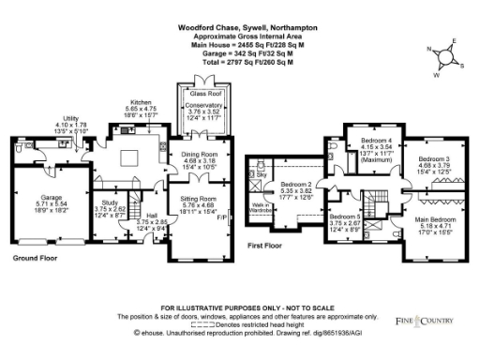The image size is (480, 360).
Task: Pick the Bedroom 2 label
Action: (300, 185)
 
